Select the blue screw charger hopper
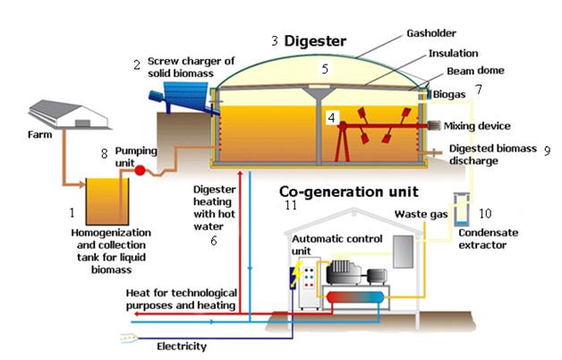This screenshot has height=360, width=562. click(184, 84)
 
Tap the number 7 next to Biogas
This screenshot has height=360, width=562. click(479, 90)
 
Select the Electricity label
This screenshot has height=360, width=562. click(182, 346)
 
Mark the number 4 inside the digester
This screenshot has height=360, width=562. click(332, 117)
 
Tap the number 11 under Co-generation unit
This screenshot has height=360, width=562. click(289, 205)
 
